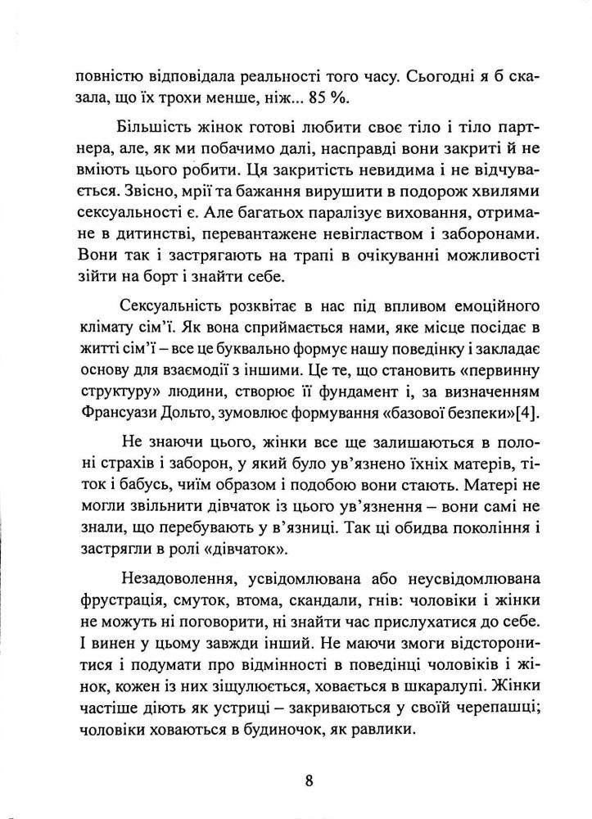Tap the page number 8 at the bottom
tap(308, 779)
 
